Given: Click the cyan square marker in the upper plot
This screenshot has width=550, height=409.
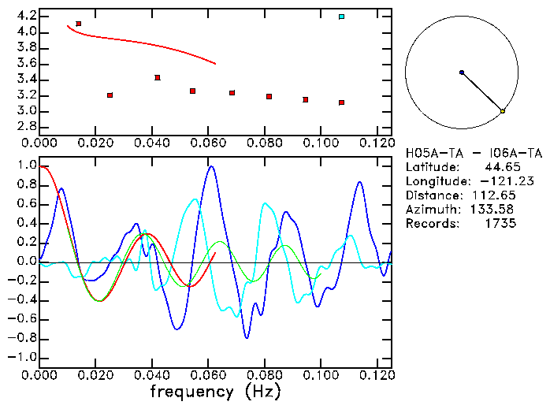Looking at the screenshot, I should click(x=341, y=17).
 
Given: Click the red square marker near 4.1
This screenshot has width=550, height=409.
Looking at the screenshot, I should click(x=79, y=24).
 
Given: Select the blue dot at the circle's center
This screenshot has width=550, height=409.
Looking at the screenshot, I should click(x=462, y=72).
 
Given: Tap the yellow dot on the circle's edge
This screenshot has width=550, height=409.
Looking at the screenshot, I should click(x=503, y=111).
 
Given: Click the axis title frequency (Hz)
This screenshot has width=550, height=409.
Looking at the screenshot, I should click(x=215, y=391).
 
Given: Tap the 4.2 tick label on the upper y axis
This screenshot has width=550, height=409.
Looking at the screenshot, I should click(x=25, y=16).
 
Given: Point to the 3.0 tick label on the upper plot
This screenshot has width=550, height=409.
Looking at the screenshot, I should click(x=25, y=111).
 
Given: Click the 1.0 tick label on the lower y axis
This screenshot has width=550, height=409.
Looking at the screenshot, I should click(x=25, y=166).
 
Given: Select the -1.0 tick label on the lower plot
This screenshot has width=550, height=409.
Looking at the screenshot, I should click(x=22, y=357).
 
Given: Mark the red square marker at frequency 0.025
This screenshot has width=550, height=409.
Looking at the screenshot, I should click(x=110, y=95).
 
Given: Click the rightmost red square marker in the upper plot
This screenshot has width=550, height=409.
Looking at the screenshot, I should click(x=341, y=102).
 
